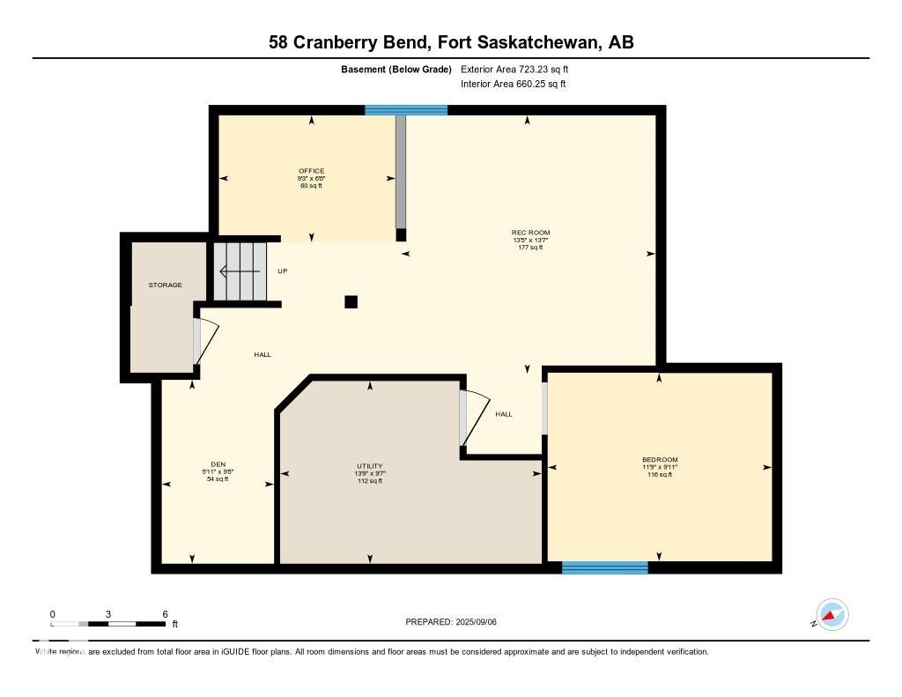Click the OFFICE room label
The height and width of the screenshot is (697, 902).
pyautogui.click(x=311, y=171)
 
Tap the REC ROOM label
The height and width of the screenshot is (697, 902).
pyautogui.click(x=531, y=233)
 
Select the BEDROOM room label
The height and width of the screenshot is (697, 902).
pyautogui.click(x=660, y=460)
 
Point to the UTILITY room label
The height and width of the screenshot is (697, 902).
pyautogui.click(x=370, y=466)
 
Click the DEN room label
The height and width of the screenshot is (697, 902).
pyautogui.click(x=218, y=464)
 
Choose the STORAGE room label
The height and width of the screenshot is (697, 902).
pyautogui.click(x=165, y=285)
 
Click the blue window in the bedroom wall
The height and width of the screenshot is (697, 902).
pyautogui.click(x=605, y=567)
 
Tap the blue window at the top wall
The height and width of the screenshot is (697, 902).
pyautogui.click(x=406, y=110)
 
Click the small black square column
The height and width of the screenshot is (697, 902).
pyautogui.click(x=351, y=301)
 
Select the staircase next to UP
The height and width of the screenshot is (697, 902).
pyautogui.click(x=240, y=271)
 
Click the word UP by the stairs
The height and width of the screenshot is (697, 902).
pyautogui.click(x=283, y=271)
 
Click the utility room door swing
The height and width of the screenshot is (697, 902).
pyautogui.click(x=473, y=417)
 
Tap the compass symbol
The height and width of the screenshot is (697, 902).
pyautogui.click(x=832, y=614)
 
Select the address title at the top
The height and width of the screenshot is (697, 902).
pyautogui.click(x=451, y=42)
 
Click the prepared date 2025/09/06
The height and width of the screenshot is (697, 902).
pyautogui.click(x=451, y=622)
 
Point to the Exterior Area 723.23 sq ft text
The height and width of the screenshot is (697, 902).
pyautogui.click(x=521, y=69)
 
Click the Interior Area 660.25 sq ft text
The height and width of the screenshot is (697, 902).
pyautogui.click(x=513, y=85)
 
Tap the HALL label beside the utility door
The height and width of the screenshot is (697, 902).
pyautogui.click(x=503, y=414)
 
